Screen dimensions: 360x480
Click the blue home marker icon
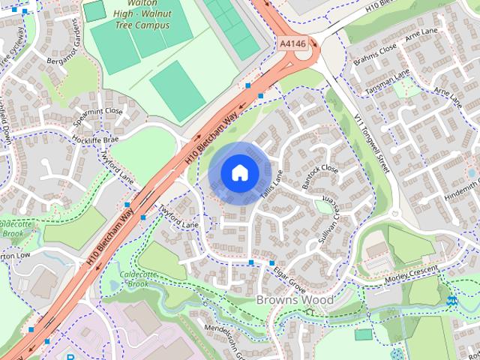click(x=238, y=172)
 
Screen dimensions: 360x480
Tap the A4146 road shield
click(x=292, y=44)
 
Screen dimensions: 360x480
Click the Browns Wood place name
click(x=295, y=300)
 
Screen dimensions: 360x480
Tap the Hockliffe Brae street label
click(x=95, y=140)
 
